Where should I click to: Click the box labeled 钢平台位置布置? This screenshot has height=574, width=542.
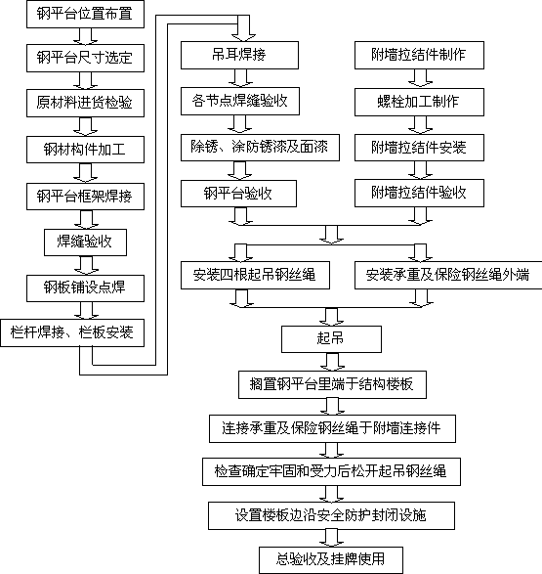85,14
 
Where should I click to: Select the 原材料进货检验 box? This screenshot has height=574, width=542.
85,103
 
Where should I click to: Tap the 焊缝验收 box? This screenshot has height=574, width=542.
86,242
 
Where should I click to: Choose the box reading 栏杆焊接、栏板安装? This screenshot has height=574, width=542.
72,332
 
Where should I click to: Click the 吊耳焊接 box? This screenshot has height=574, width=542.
239,55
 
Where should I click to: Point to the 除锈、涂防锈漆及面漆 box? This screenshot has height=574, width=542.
260,147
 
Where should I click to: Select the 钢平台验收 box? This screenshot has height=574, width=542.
238,194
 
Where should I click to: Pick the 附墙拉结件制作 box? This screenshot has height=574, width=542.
419,55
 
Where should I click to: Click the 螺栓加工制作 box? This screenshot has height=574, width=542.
419,102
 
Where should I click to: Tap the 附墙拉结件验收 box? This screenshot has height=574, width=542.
419,193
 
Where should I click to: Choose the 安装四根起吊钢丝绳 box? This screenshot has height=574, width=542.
255,275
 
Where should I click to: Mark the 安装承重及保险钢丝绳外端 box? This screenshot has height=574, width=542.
448,275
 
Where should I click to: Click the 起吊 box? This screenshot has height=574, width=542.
331,339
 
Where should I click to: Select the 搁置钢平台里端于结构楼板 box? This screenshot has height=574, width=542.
332,384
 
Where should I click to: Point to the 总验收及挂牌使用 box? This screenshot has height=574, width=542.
331,560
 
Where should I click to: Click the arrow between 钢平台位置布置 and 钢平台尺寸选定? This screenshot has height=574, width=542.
85,36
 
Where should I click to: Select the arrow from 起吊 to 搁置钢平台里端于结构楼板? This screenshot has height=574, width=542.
332,362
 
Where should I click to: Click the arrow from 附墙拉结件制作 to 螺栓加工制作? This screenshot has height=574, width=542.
420,78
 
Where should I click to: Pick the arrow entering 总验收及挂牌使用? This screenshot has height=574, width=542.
331,538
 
